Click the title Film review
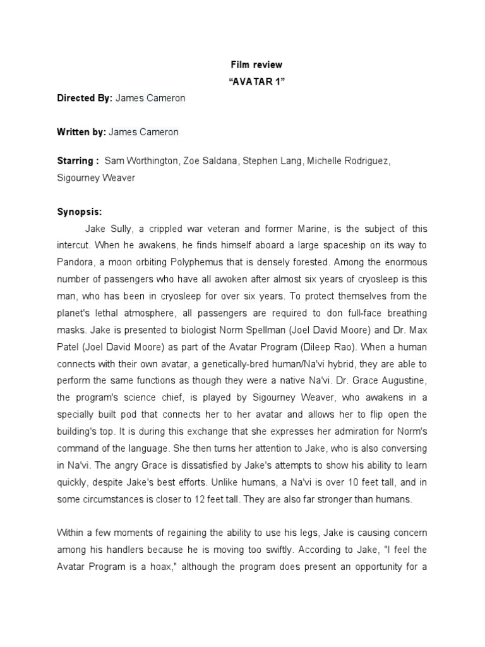tap(255, 65)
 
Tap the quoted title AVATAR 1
tap(255, 82)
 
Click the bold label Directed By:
tap(85, 99)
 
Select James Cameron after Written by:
tap(143, 132)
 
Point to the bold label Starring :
tap(78, 161)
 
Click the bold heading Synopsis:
tap(79, 212)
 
